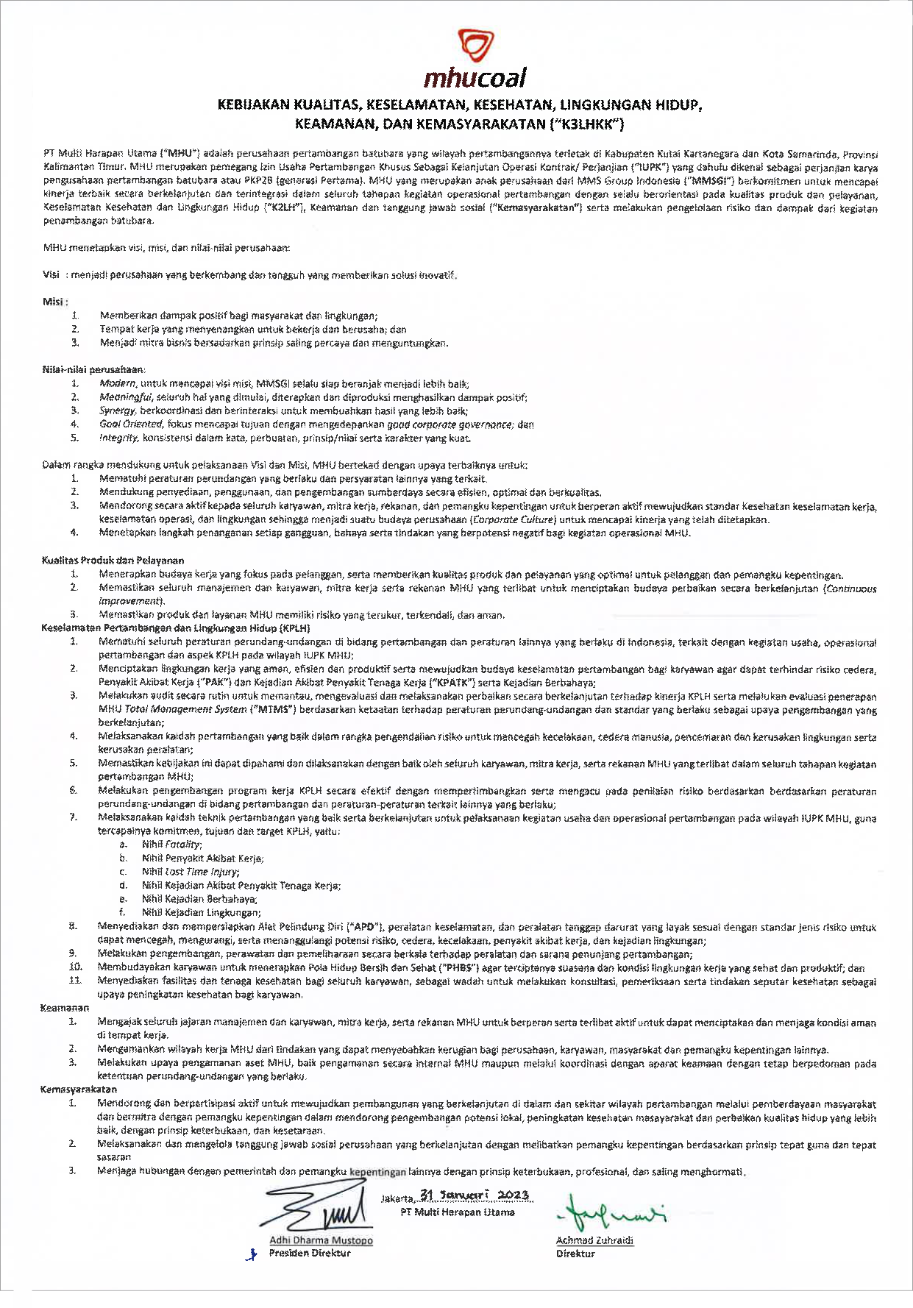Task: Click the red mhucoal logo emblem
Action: point(471,46)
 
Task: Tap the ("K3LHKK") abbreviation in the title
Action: point(586,124)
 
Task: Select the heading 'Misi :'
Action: point(56,302)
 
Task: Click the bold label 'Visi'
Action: point(51,275)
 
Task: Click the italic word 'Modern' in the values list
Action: point(118,384)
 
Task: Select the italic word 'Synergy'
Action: point(118,411)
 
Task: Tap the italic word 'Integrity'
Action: point(118,438)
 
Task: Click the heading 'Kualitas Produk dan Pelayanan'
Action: point(113,561)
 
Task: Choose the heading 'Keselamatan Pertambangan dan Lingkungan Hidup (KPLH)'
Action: point(176,628)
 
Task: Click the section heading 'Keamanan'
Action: point(65,1008)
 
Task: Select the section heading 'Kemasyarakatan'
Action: point(78,1090)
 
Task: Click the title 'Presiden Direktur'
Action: point(310,1253)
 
